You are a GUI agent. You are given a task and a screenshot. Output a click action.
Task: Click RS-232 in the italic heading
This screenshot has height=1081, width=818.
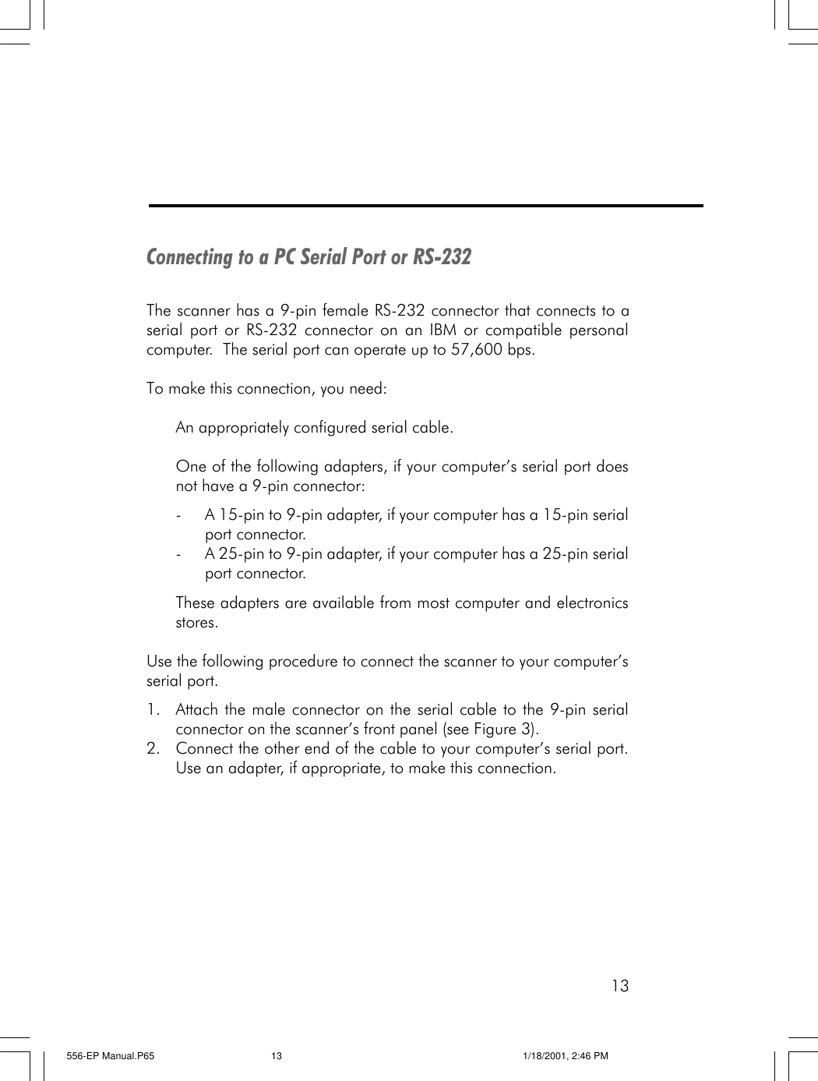coord(442,257)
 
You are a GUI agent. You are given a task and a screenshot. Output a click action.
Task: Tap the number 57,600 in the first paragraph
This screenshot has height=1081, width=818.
coord(477,349)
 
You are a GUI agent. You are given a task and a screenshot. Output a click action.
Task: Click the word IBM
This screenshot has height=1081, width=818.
coord(442,330)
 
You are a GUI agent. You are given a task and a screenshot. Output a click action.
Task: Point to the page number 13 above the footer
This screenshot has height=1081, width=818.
coord(619,986)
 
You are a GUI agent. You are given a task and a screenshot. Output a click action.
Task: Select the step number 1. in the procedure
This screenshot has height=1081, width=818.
coord(153,710)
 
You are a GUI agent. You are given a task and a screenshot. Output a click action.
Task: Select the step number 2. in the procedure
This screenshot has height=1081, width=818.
coord(153,749)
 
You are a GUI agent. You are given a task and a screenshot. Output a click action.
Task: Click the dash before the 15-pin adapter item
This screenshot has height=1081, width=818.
coord(180,515)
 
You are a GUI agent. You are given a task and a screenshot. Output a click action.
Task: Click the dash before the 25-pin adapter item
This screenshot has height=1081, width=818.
coord(180,554)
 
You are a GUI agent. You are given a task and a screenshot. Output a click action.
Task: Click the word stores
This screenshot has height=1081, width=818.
coord(196,623)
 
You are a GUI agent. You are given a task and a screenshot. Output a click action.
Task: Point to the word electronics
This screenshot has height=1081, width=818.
coord(591,603)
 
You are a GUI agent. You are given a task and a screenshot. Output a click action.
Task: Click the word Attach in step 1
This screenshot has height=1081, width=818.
coord(196,710)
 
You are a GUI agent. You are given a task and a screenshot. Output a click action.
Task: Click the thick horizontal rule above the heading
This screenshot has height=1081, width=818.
coord(425,206)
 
